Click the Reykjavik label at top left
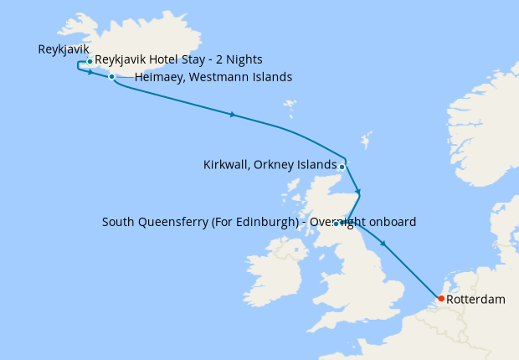[x=64, y=49]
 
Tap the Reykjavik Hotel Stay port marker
[x=90, y=61]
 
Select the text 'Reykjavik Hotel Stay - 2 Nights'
[x=179, y=60]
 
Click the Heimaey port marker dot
[x=111, y=77]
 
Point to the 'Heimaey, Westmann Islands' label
[x=213, y=78]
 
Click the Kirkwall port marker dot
[x=342, y=166]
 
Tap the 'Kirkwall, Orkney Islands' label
[x=270, y=165]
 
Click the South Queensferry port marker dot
[x=337, y=224]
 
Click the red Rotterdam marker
[x=441, y=299]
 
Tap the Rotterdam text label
[x=475, y=299]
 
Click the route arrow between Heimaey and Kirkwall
[x=232, y=114]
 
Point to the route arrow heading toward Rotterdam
[x=383, y=244]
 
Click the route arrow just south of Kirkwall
[x=357, y=193]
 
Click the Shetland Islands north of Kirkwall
[x=365, y=138]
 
